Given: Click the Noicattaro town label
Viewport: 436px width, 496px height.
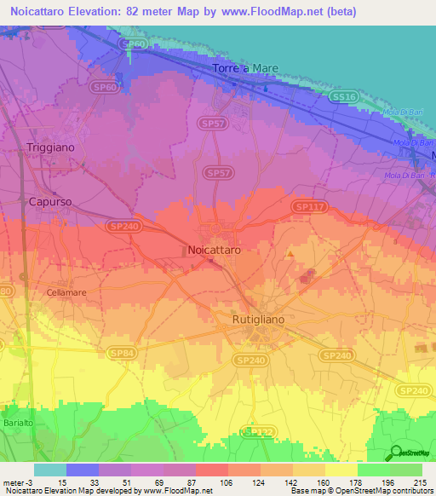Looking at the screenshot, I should (213, 251).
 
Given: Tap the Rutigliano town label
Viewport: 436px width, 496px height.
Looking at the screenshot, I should (258, 319).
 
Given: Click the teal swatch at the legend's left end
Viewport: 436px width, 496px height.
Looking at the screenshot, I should (50, 470).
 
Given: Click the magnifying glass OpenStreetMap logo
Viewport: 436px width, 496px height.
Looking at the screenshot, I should (396, 452).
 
